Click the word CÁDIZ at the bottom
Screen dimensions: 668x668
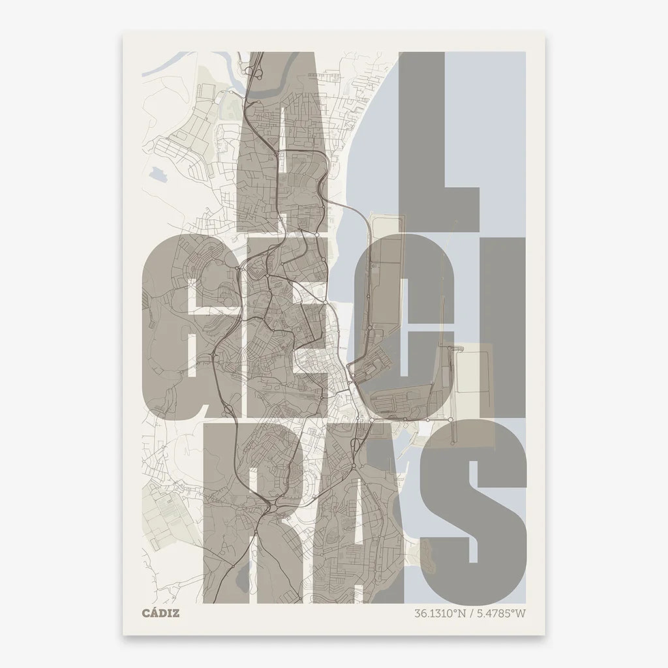[x=160, y=613]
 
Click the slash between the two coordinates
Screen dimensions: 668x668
[x=473, y=613]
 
